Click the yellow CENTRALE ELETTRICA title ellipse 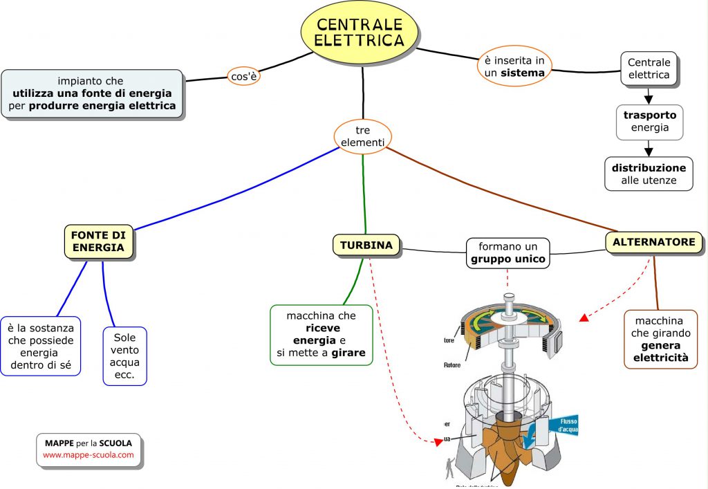(x=360, y=32)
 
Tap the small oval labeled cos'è (x=244, y=76)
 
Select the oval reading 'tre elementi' (x=362, y=136)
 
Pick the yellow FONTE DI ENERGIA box (x=97, y=241)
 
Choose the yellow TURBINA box (x=366, y=245)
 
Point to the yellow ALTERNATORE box (x=654, y=242)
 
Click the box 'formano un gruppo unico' (x=507, y=253)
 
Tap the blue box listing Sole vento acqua (x=124, y=356)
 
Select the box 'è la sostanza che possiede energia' (x=41, y=346)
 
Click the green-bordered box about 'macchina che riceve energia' (x=321, y=335)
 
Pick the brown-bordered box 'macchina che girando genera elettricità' (x=660, y=339)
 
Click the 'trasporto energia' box (x=649, y=122)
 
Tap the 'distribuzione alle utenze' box (x=649, y=174)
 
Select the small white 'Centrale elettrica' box (x=649, y=68)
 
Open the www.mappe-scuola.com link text (x=88, y=455)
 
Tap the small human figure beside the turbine (x=451, y=468)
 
